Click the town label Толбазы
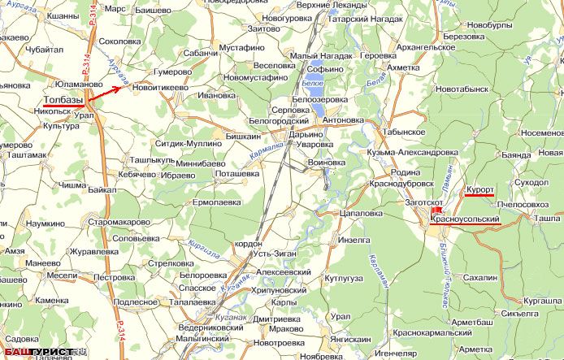point(62,99)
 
